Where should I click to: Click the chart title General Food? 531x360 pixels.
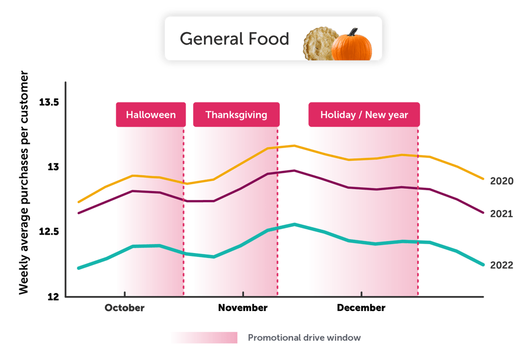pyautogui.click(x=234, y=39)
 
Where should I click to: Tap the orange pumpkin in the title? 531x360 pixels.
pyautogui.click(x=352, y=47)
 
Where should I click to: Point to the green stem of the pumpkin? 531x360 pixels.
pyautogui.click(x=352, y=32)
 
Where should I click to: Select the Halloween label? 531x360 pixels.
pyautogui.click(x=150, y=115)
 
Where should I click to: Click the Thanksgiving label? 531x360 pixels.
pyautogui.click(x=236, y=115)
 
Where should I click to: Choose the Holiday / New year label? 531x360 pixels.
pyautogui.click(x=364, y=115)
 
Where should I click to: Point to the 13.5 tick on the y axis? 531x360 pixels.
pyautogui.click(x=49, y=103)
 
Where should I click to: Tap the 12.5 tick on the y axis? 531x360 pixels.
pyautogui.click(x=49, y=232)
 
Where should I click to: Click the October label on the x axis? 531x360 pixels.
pyautogui.click(x=125, y=308)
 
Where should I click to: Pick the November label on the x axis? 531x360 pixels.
pyautogui.click(x=242, y=308)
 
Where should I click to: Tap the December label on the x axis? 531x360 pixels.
pyautogui.click(x=361, y=308)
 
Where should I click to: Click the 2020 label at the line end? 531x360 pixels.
pyautogui.click(x=501, y=181)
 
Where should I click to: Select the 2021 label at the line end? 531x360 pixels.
pyautogui.click(x=501, y=214)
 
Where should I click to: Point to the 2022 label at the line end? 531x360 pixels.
pyautogui.click(x=501, y=265)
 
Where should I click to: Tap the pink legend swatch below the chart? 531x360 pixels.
pyautogui.click(x=204, y=338)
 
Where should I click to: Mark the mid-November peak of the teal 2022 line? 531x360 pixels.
pyautogui.click(x=294, y=224)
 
